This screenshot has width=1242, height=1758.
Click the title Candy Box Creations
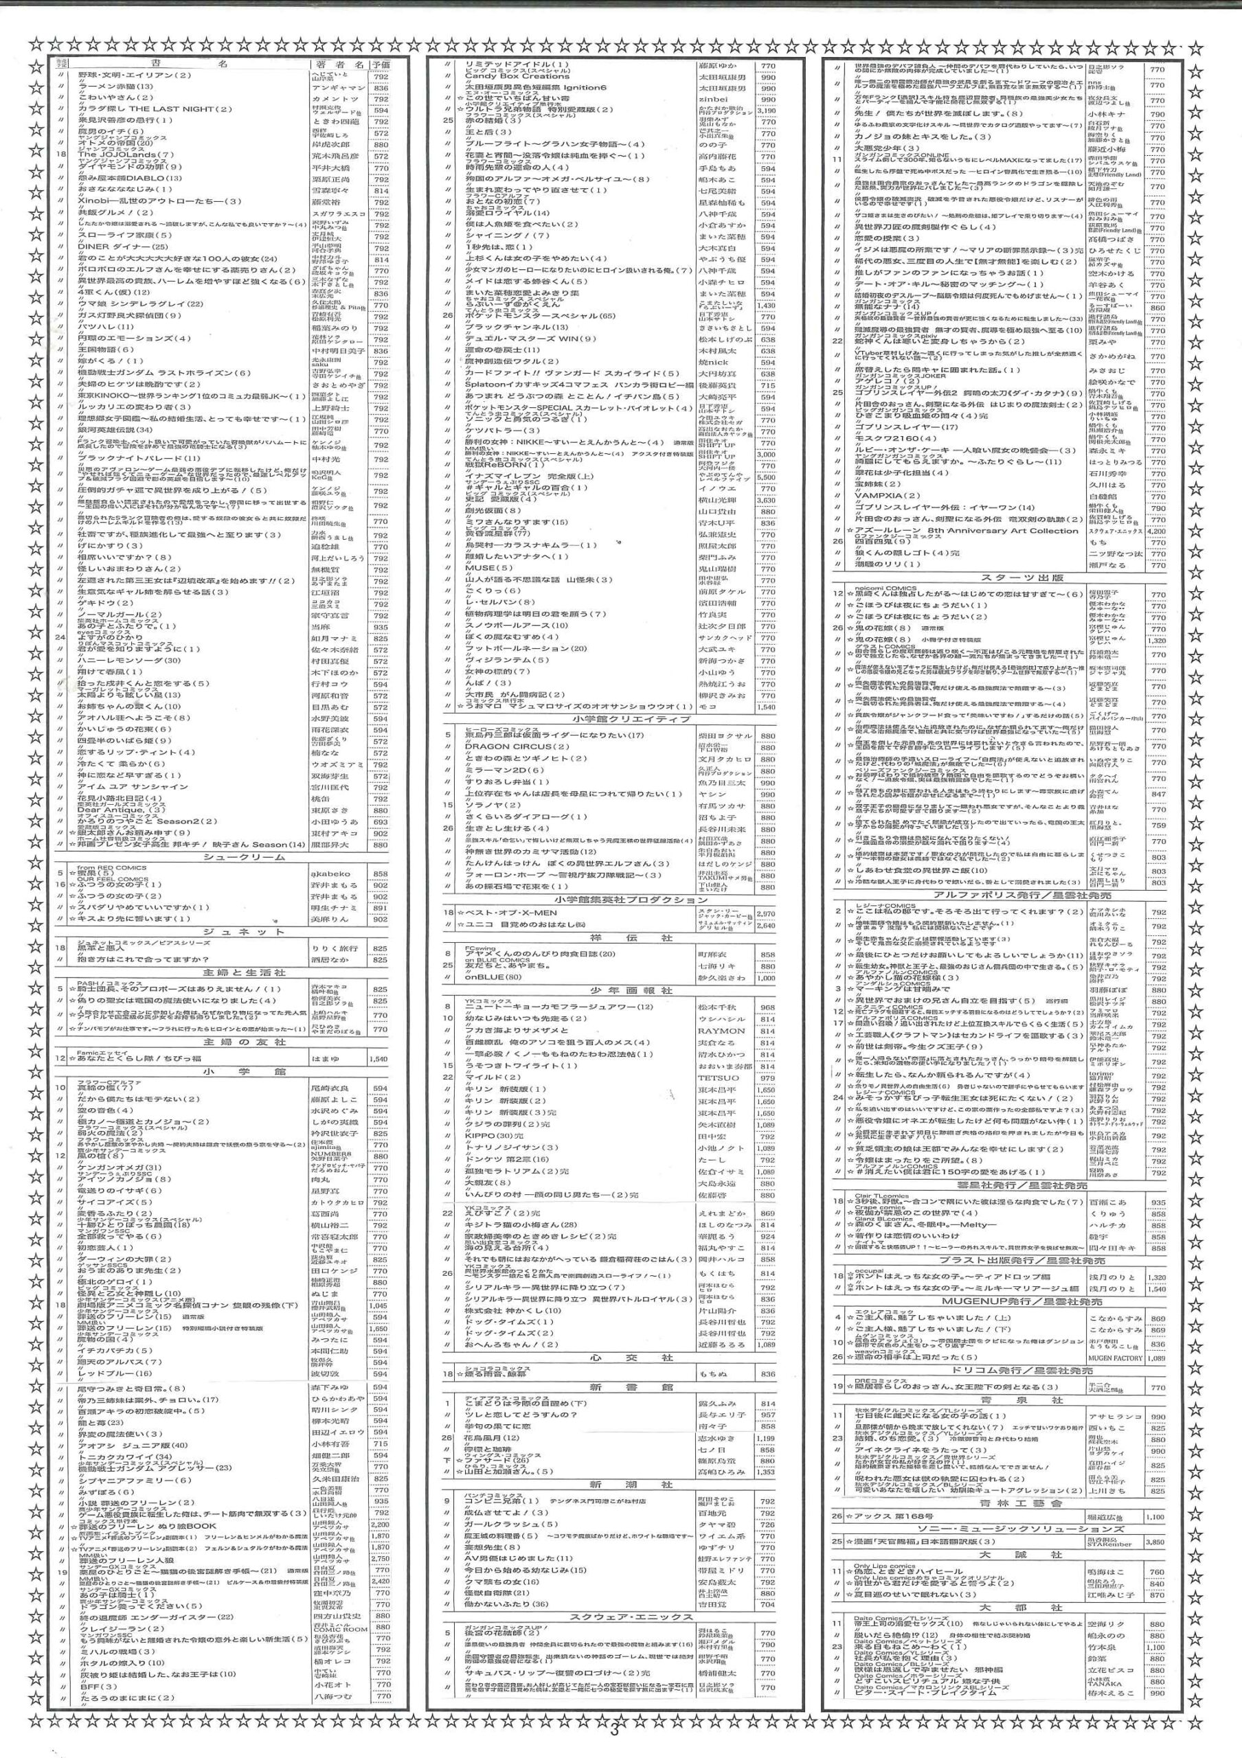click(518, 76)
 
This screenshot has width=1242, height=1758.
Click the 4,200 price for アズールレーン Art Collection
click(1156, 531)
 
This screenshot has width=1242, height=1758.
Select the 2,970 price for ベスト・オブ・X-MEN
click(766, 913)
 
